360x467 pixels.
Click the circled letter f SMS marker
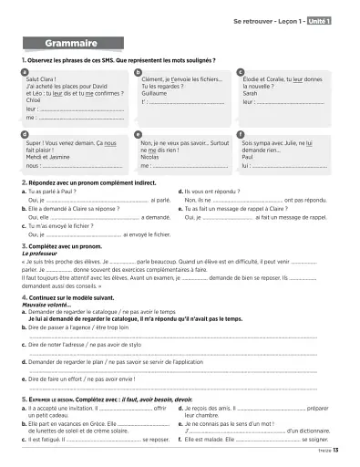[x=240, y=131]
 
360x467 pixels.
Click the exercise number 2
[x=24, y=182]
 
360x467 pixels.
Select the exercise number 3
[x=24, y=245]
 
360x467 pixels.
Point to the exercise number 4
[x=24, y=297]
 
